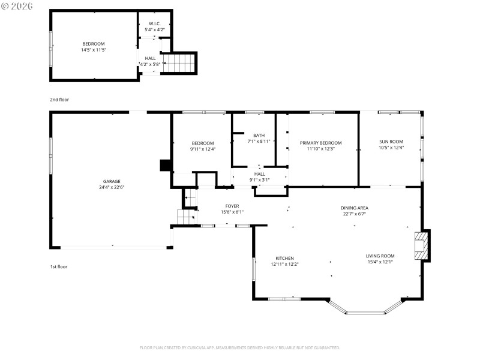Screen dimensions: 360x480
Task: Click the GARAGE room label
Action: click(x=112, y=181)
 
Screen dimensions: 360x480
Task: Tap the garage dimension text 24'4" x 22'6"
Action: click(x=112, y=187)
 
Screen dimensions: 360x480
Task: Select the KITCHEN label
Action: click(x=284, y=258)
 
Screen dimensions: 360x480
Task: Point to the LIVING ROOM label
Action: click(x=380, y=256)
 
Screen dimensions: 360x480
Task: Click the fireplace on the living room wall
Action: click(x=422, y=245)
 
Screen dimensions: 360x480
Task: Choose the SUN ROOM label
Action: click(x=391, y=142)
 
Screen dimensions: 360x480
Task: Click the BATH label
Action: click(x=259, y=135)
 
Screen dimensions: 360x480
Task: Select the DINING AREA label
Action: click(x=354, y=208)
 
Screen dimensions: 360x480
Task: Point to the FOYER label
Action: click(x=232, y=206)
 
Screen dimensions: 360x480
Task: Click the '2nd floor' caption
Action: click(x=59, y=100)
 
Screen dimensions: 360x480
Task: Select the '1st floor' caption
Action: click(x=59, y=266)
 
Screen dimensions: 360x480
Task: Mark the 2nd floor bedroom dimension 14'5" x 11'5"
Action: click(x=93, y=50)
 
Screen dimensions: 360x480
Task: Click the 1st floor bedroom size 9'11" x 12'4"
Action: click(x=203, y=149)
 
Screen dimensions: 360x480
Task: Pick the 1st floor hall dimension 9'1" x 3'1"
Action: click(x=259, y=179)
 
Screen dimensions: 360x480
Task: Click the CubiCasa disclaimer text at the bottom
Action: click(x=240, y=347)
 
